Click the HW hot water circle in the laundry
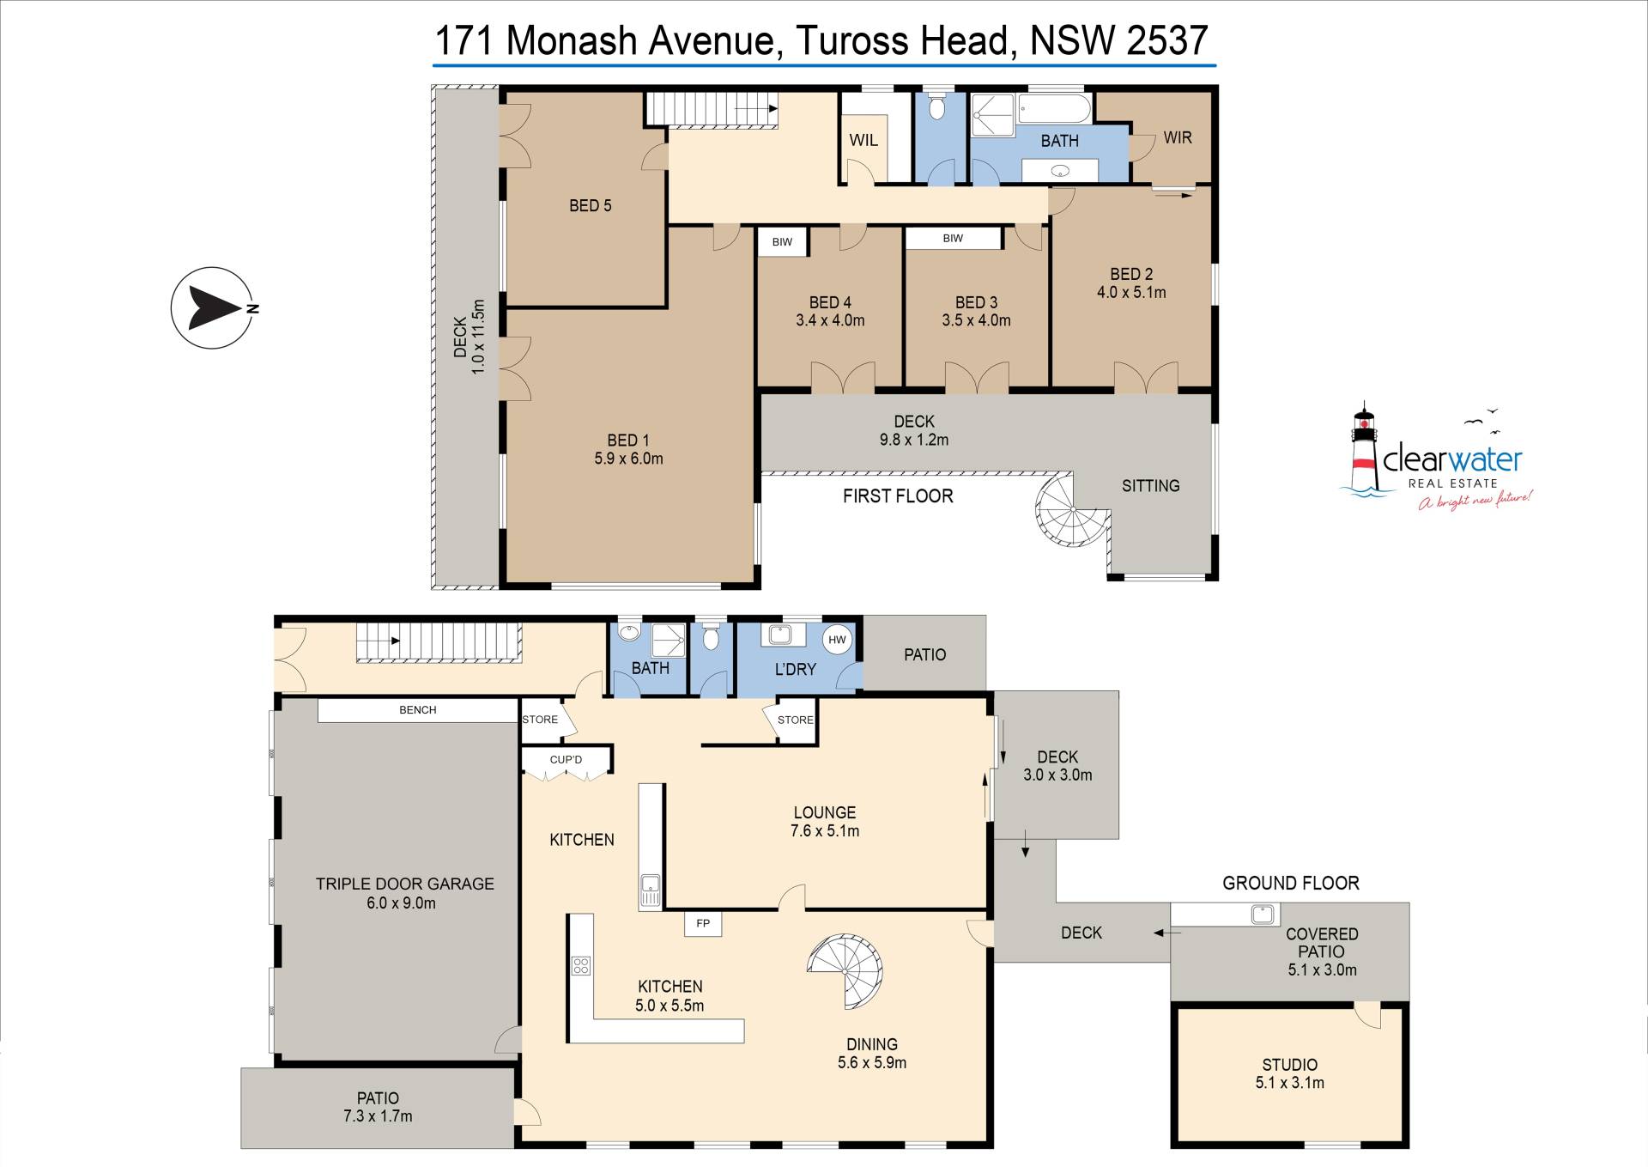point(837,640)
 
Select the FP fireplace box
point(703,924)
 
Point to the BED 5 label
point(591,205)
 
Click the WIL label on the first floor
point(863,140)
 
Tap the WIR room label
point(1178,137)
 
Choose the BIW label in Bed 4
point(782,242)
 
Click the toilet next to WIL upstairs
point(940,106)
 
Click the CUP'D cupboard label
point(566,760)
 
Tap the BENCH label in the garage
point(418,710)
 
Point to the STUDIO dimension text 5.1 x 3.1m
point(1290,1083)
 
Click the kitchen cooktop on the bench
point(581,965)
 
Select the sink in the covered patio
point(1262,914)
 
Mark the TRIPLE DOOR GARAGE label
point(405,884)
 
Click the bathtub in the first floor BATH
point(1054,109)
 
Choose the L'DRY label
point(796,669)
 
